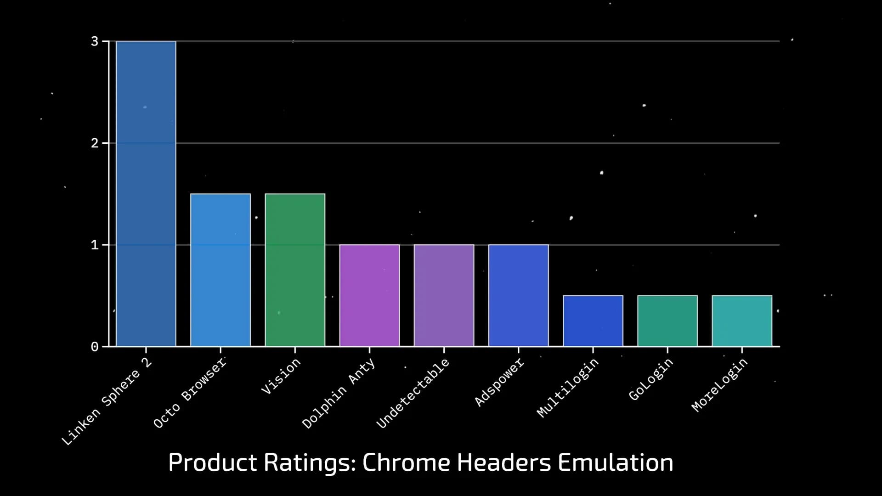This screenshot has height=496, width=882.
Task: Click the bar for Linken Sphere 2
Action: (146, 193)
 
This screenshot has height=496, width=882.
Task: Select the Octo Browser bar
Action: (220, 270)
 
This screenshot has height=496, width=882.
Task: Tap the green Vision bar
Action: (295, 270)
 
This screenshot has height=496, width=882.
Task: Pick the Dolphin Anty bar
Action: (369, 295)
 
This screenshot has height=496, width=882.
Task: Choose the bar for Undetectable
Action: (444, 295)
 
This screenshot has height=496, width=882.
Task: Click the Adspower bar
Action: (518, 295)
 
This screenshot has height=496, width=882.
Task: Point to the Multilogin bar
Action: (593, 321)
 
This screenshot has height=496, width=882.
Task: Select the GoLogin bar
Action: (667, 321)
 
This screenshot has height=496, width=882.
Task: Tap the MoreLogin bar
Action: (742, 321)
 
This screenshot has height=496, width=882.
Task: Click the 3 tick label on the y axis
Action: (95, 42)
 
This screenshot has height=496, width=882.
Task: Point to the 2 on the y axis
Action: (95, 143)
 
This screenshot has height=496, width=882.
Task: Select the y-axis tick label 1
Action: (95, 245)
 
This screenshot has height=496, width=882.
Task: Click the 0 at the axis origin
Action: (95, 347)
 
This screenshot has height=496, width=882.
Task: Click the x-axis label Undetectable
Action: (413, 393)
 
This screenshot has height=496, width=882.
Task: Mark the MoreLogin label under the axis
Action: (719, 385)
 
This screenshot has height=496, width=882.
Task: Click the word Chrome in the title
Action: (406, 462)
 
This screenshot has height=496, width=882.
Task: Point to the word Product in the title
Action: (213, 462)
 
